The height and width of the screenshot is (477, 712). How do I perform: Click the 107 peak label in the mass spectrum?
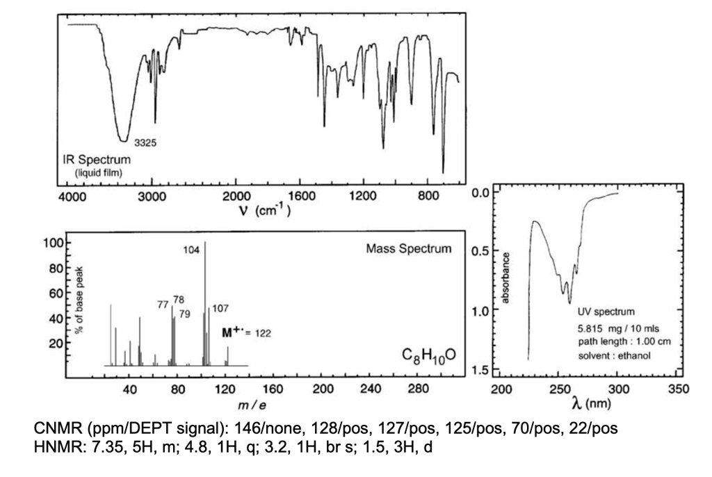point(220,307)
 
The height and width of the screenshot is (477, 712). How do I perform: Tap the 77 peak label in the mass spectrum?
point(163,304)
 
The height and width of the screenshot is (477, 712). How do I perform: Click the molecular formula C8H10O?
point(428,356)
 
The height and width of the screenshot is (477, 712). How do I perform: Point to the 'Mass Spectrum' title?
point(410,248)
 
